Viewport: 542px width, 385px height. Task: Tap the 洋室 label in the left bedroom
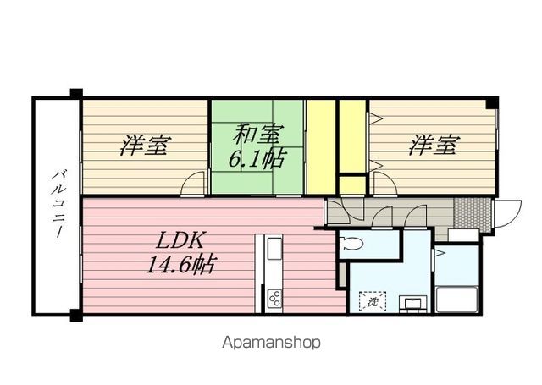143,146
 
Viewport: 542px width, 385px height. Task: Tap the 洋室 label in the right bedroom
433,146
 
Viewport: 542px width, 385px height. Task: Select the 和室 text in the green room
257,134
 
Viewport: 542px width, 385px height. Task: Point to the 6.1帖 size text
256,157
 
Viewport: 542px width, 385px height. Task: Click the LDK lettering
179,239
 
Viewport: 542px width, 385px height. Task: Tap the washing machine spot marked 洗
373,300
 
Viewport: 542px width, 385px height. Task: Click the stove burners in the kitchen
275,298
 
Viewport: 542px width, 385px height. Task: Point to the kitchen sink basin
275,250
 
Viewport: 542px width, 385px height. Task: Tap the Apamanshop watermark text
271,343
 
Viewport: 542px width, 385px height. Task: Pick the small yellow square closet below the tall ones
351,184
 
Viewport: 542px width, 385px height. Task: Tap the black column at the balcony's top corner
76,94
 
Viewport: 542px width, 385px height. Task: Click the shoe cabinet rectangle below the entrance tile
463,234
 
